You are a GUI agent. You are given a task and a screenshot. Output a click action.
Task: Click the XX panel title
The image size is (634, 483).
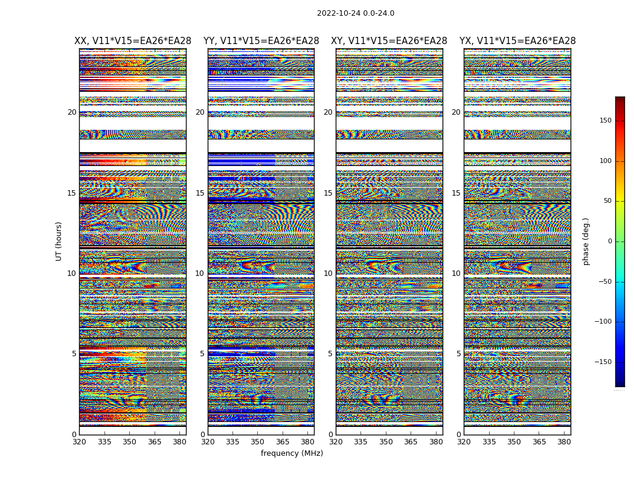tap(133, 41)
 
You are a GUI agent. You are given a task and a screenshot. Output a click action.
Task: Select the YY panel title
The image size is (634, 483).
tap(261, 41)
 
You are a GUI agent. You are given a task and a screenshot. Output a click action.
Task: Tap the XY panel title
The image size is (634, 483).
tap(389, 41)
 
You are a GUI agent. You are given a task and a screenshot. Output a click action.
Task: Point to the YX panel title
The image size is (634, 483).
tap(517, 41)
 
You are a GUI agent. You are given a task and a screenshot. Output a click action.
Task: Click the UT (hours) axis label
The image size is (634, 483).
tap(59, 241)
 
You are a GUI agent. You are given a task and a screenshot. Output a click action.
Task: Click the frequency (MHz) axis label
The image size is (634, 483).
tap(292, 453)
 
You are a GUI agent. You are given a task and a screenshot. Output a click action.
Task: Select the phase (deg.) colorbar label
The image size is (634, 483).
tap(586, 241)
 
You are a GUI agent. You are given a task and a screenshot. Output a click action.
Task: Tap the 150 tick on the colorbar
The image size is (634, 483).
tap(605, 121)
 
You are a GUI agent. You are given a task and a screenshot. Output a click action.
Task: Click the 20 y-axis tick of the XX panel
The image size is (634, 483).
tap(72, 112)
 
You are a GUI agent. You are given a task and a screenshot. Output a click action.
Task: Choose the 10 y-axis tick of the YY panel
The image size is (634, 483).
tap(200, 273)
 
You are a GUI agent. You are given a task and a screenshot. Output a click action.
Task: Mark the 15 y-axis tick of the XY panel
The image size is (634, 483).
tap(328, 193)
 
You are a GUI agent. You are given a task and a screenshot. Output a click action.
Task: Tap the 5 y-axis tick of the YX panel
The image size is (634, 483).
tap(458, 354)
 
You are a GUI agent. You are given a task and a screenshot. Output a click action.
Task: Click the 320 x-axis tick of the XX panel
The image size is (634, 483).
tap(79, 442)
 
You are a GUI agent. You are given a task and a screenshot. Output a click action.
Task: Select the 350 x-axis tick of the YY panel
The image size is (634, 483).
tap(258, 442)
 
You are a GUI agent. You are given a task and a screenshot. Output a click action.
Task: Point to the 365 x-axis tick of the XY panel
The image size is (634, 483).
tap(411, 442)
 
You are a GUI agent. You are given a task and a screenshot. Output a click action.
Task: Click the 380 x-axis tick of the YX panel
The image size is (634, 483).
tap(564, 442)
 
